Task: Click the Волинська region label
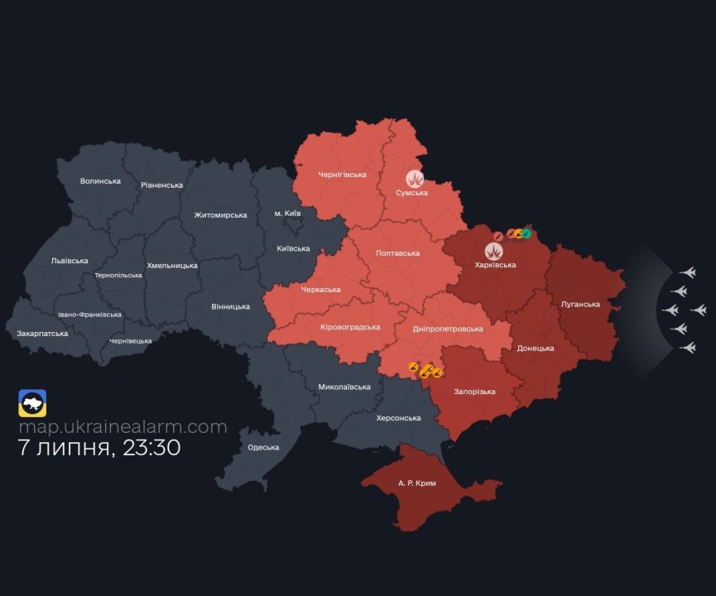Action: [100, 180]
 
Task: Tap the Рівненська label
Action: [161, 185]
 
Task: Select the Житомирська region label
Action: [220, 215]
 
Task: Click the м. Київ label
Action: [287, 214]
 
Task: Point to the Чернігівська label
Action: [342, 175]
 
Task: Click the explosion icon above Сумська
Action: [415, 178]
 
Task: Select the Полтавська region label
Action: [397, 253]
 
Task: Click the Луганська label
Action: [580, 304]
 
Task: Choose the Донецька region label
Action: [536, 348]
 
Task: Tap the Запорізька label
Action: [474, 392]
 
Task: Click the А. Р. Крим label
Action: [416, 483]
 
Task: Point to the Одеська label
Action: [263, 447]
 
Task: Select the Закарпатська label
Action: [42, 334]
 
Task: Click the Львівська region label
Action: [70, 261]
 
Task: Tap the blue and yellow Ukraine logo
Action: [32, 403]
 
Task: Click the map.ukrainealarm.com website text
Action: [123, 427]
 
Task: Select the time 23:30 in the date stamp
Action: [151, 449]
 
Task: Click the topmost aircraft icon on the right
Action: [687, 272]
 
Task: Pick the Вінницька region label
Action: [230, 306]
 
